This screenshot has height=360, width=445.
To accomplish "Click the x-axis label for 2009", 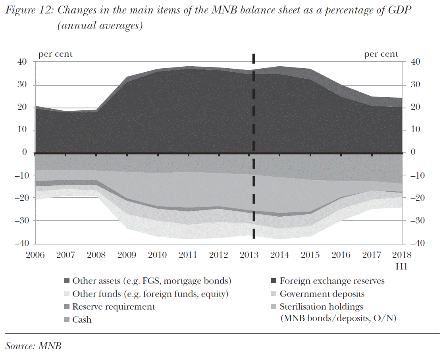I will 127,255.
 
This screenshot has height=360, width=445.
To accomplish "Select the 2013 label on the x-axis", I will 249,255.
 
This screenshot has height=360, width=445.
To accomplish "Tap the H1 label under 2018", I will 401,267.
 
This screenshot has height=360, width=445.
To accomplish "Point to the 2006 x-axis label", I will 35,255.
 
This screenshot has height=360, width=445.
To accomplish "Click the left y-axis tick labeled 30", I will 22,85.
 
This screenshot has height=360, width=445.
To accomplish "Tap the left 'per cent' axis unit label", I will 55,54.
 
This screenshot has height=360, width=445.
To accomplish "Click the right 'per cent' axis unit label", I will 381,54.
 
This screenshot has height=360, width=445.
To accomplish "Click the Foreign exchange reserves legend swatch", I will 274,281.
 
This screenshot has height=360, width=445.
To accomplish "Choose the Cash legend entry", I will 82,320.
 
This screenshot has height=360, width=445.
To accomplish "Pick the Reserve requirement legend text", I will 114,307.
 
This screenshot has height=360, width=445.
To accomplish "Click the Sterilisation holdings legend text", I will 321,307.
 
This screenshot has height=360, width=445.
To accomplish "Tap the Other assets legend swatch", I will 67,281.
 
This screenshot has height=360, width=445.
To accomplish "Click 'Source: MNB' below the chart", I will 33,346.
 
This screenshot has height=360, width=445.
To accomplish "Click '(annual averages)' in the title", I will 100,26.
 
